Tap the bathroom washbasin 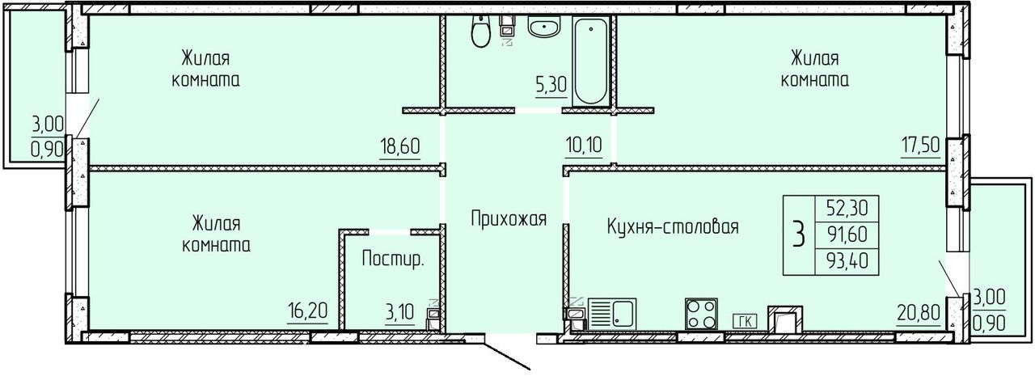pyautogui.click(x=544, y=27)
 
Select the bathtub pyautogui.click(x=591, y=61)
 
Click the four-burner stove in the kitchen pyautogui.click(x=701, y=314)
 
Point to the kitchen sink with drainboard pyautogui.click(x=612, y=314)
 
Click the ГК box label pyautogui.click(x=745, y=321)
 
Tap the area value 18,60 pyautogui.click(x=400, y=147)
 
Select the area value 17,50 pyautogui.click(x=920, y=145)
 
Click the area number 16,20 pyautogui.click(x=307, y=311)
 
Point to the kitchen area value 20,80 pyautogui.click(x=918, y=313)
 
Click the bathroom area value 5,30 pyautogui.click(x=551, y=85)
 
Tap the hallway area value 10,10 pyautogui.click(x=584, y=145)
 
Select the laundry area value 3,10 pyautogui.click(x=399, y=313)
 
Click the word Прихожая pyautogui.click(x=509, y=218)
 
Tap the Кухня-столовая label pyautogui.click(x=672, y=226)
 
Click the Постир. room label pyautogui.click(x=393, y=259)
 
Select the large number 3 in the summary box pyautogui.click(x=798, y=234)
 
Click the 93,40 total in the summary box pyautogui.click(x=847, y=261)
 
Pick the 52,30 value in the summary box pyautogui.click(x=847, y=209)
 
